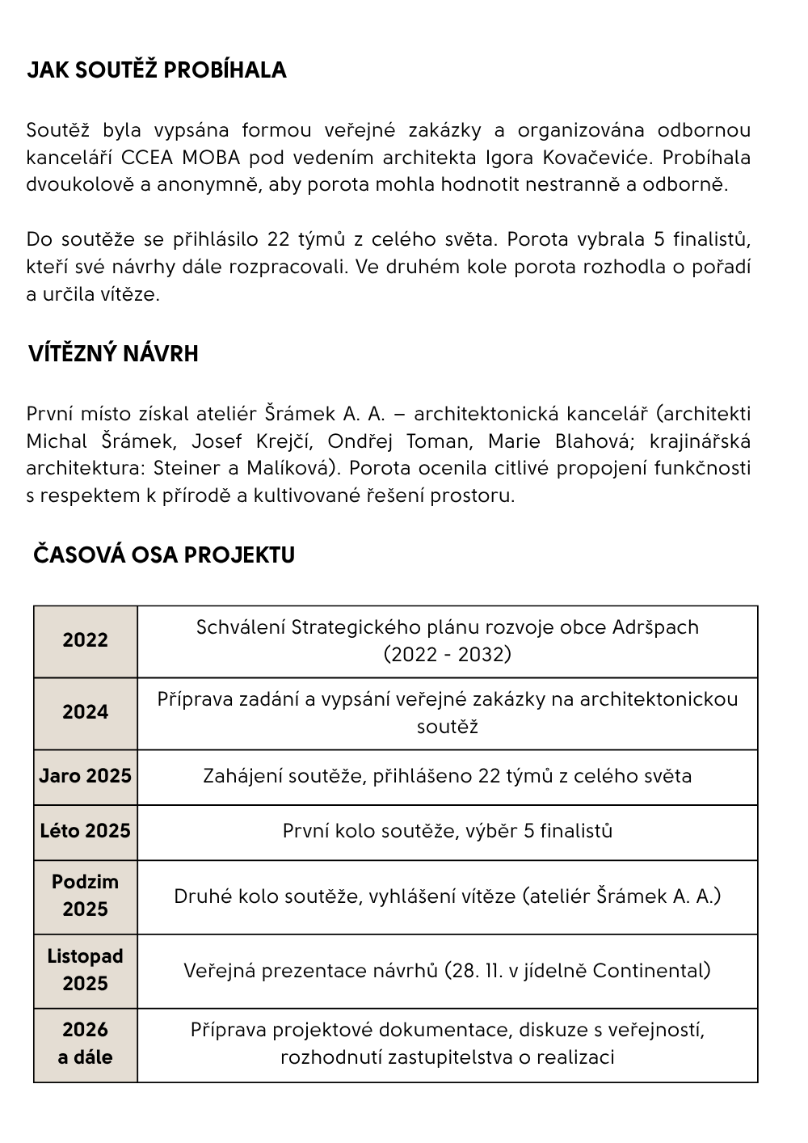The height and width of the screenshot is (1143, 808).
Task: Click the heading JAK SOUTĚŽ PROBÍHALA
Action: tap(157, 70)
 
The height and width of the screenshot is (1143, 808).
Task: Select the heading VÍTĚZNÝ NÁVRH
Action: tap(113, 354)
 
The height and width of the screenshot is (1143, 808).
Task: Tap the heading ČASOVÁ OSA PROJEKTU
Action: tap(164, 555)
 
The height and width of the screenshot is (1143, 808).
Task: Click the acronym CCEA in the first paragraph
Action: tap(149, 157)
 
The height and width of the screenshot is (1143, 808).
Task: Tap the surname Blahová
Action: tap(594, 441)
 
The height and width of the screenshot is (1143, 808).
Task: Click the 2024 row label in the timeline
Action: tap(85, 712)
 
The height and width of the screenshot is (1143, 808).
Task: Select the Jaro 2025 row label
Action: tap(85, 776)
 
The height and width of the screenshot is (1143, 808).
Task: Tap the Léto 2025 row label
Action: tap(85, 831)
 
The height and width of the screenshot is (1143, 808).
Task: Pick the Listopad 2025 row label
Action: tap(85, 970)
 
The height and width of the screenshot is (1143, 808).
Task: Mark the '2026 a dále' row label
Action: tap(85, 1044)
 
